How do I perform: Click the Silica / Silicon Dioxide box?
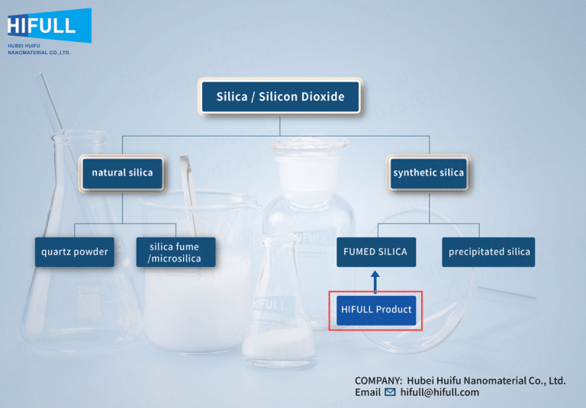click(280, 97)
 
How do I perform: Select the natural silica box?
click(122, 172)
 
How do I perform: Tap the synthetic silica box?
click(428, 172)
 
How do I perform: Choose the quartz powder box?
click(75, 252)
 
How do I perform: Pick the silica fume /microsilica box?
click(174, 252)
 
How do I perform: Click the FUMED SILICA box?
click(376, 252)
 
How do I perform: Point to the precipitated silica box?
click(488, 252)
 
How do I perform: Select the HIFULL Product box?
click(376, 310)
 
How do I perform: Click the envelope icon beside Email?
click(390, 392)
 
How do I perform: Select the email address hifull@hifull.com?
click(439, 392)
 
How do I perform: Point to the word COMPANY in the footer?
click(377, 380)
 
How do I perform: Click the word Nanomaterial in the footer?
click(487, 380)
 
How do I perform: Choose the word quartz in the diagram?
click(57, 252)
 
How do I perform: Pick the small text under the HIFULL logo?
click(38, 50)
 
